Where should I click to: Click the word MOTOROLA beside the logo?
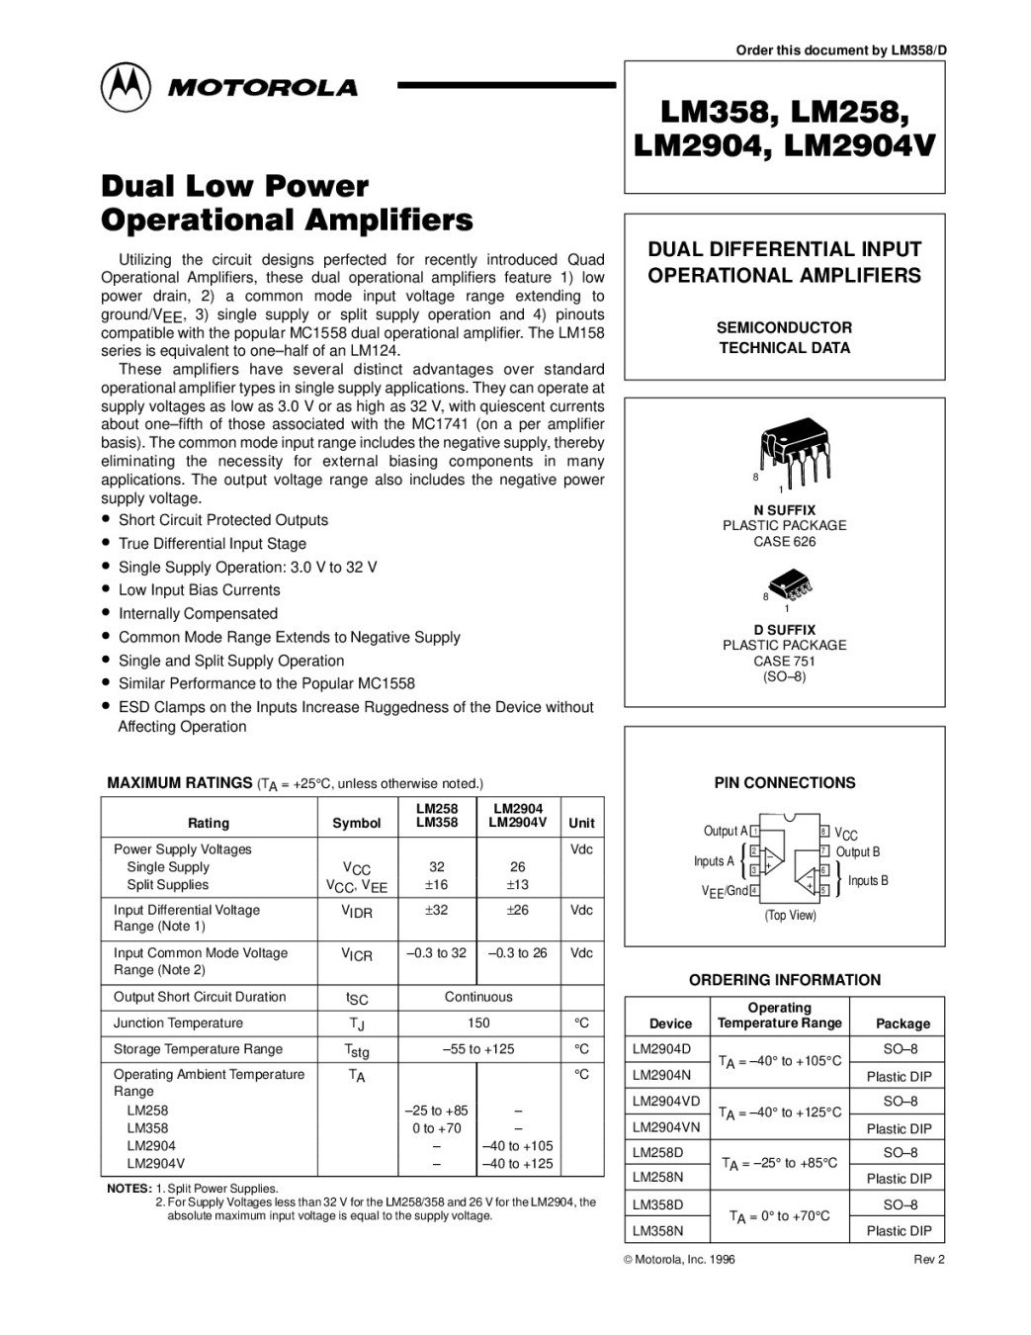[x=263, y=88]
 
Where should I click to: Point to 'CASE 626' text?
[x=785, y=542]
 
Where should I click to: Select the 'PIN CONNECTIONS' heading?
[x=785, y=783]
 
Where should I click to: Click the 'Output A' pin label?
[x=726, y=831]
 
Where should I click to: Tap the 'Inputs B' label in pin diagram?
[x=868, y=880]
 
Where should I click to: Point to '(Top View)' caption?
[x=791, y=916]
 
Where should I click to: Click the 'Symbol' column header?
[x=357, y=823]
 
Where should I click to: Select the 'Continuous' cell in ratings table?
[x=478, y=997]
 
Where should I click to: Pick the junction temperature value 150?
[x=478, y=1023]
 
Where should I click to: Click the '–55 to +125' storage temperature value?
[x=478, y=1048]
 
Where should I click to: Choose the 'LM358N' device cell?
[x=657, y=1231]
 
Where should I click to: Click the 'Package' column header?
[x=902, y=1023]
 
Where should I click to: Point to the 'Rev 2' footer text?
[x=928, y=1259]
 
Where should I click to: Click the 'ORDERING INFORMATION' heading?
[x=785, y=980]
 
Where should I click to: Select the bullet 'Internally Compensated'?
[x=198, y=614]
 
